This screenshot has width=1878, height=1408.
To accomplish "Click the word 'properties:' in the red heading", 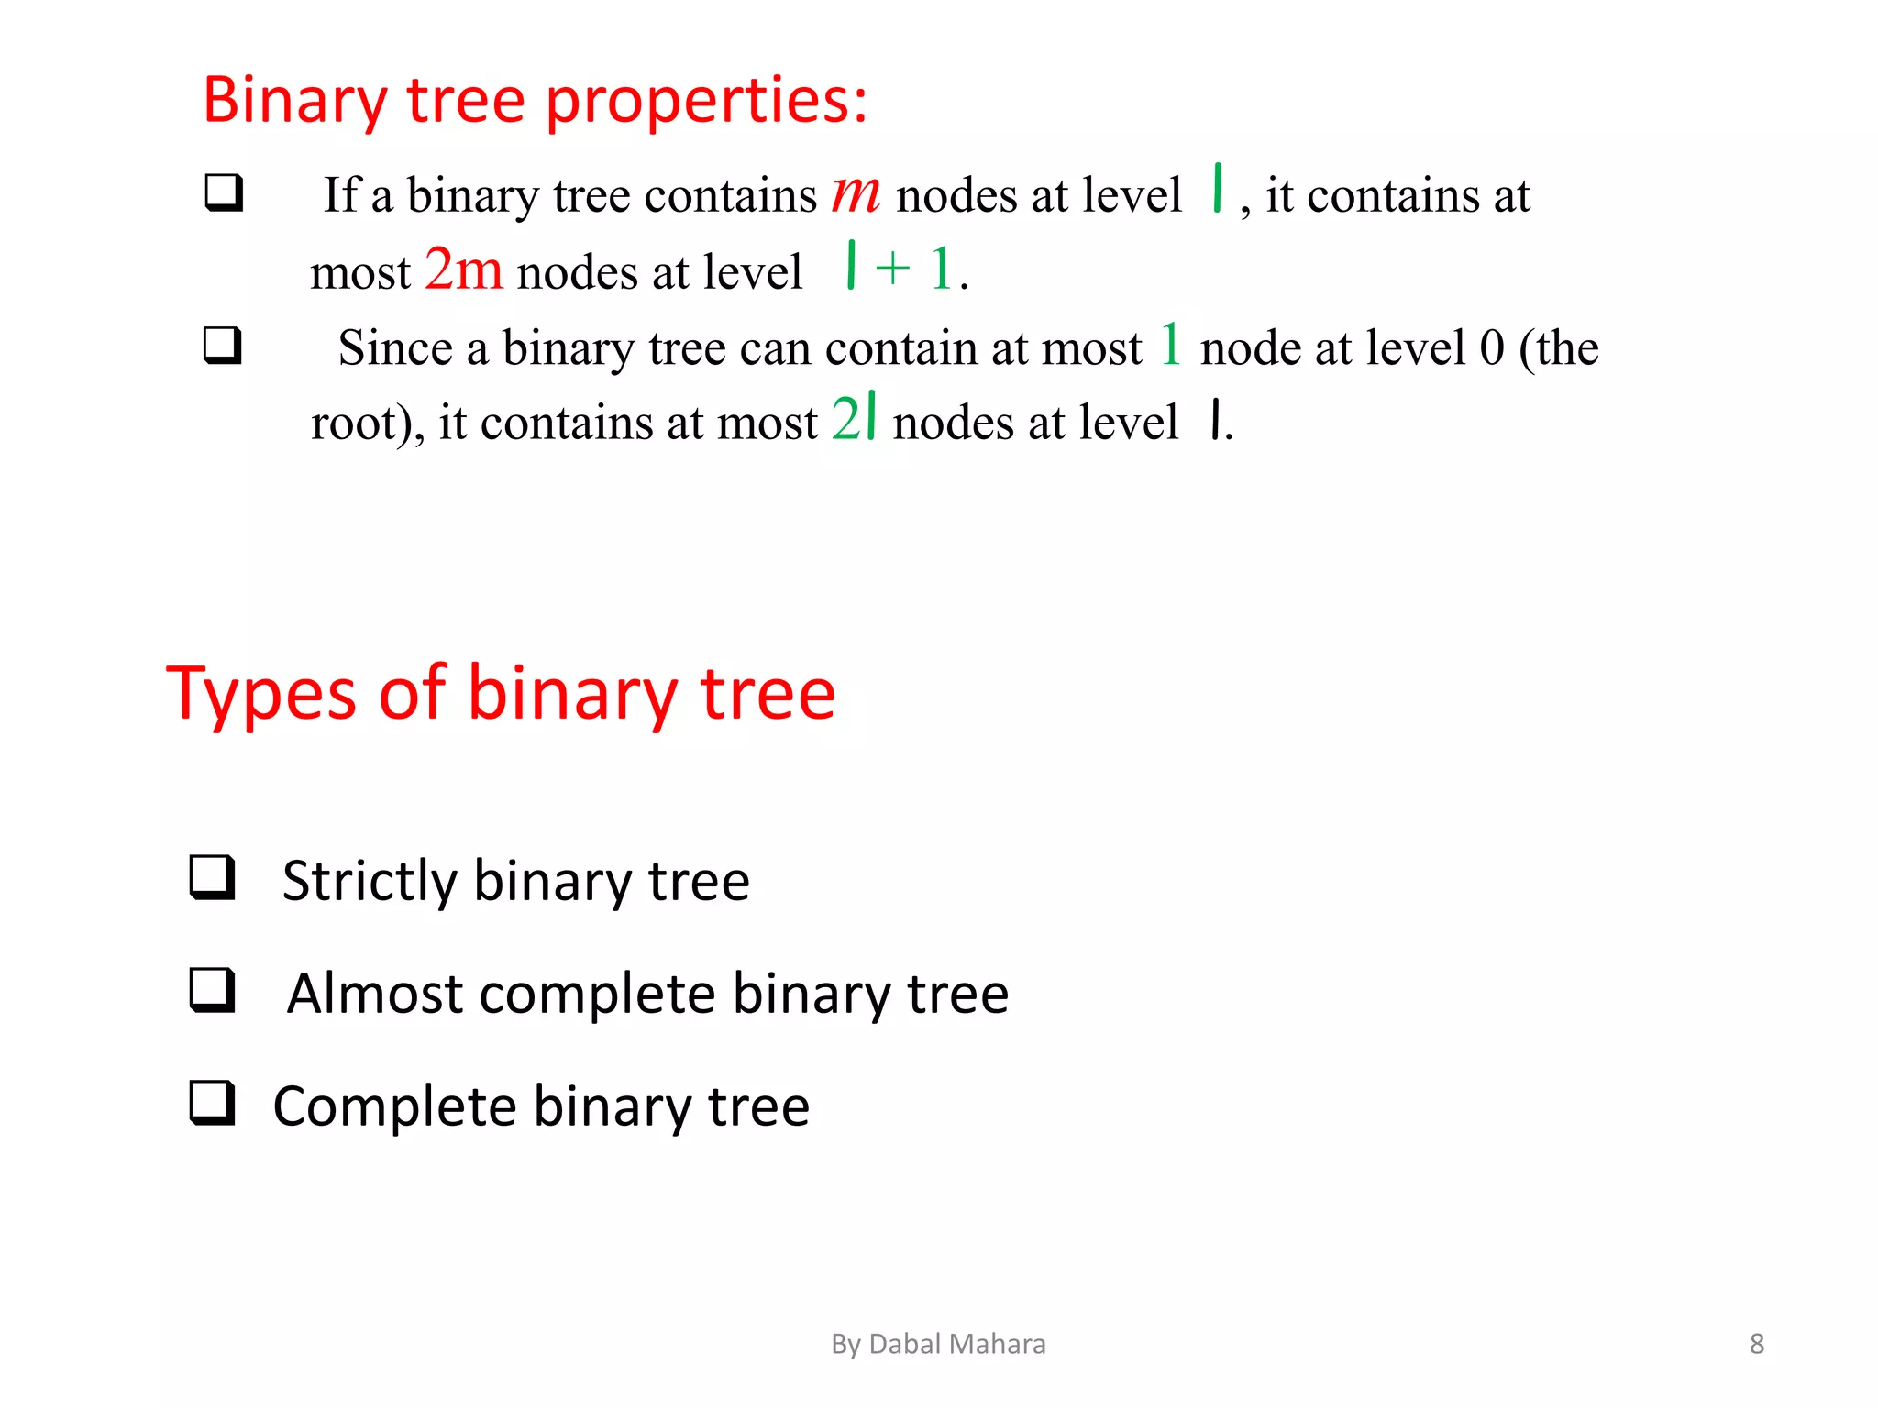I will tap(706, 101).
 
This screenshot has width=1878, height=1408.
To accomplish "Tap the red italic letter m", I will tap(856, 193).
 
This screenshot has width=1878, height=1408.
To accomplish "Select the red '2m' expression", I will tap(464, 269).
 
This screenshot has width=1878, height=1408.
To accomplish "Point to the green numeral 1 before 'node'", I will tap(1170, 345).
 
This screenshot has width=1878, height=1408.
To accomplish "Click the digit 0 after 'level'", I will tap(1492, 348).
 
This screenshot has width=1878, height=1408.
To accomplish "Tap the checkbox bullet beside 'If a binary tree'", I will tap(224, 192).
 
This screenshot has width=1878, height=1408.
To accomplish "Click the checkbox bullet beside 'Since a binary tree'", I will tap(223, 346).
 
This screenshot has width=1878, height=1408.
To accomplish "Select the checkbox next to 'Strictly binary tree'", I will tap(213, 877).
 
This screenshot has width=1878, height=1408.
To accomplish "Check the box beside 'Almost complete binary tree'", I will tap(213, 990).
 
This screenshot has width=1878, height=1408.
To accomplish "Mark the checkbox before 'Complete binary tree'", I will tap(213, 1103).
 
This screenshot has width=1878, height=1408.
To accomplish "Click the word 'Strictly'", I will tap(369, 882).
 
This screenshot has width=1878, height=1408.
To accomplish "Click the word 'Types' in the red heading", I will tap(260, 694).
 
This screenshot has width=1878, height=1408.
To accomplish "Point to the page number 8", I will tap(1756, 1344).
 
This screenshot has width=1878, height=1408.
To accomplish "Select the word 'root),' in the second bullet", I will tap(368, 423).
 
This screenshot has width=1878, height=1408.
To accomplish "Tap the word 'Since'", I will tap(395, 348).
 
